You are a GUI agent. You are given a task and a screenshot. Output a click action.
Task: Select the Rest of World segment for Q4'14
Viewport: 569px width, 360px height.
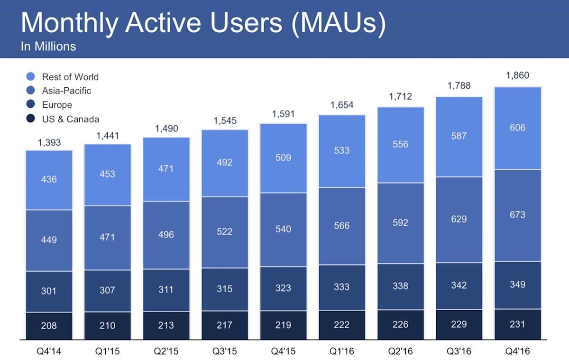(49, 180)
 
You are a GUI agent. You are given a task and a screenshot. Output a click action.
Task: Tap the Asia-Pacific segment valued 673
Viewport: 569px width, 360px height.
(517, 215)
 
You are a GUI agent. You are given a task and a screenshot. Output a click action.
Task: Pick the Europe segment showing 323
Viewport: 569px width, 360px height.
(283, 288)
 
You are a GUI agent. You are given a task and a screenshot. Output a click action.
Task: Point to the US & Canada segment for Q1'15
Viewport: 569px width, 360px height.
(107, 326)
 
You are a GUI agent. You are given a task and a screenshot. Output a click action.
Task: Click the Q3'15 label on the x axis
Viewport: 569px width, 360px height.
(224, 352)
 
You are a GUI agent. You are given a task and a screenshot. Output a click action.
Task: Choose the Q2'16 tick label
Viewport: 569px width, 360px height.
(400, 352)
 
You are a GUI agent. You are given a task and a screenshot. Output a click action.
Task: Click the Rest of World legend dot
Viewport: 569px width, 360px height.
(30, 77)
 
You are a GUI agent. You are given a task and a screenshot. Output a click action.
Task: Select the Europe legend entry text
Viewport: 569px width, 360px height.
(57, 105)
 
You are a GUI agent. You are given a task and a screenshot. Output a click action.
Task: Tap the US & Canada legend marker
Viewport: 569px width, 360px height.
(30, 119)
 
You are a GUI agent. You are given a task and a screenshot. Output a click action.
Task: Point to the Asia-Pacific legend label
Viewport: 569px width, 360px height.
(66, 91)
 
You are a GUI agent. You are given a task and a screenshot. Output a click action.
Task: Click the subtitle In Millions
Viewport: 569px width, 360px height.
(48, 46)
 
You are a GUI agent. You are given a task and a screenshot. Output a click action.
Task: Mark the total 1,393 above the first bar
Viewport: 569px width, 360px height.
(49, 142)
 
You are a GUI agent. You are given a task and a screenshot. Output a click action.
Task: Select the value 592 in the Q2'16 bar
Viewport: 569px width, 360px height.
(400, 222)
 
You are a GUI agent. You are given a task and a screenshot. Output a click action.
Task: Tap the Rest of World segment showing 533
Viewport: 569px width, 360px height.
(341, 151)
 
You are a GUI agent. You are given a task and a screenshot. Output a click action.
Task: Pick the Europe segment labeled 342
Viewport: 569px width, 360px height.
(459, 286)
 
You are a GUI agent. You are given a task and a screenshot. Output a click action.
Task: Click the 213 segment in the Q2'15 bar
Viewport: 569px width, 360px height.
(166, 326)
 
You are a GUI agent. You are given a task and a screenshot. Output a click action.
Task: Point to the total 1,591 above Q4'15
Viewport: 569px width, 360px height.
(283, 114)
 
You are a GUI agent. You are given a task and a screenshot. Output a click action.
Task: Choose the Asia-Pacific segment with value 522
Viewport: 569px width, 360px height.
(224, 231)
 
